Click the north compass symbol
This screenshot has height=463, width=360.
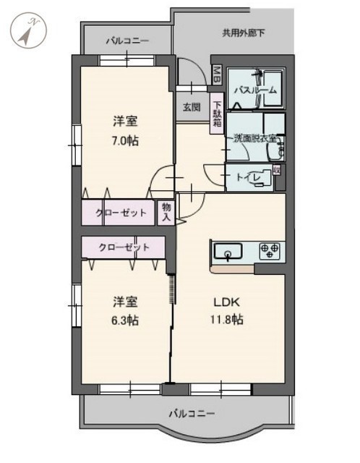(29, 30)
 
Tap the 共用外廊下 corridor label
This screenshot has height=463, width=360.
(244, 33)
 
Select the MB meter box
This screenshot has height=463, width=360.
(217, 75)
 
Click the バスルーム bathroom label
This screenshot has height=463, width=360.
(255, 90)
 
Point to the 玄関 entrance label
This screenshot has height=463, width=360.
(192, 107)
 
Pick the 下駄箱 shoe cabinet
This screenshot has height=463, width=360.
(217, 114)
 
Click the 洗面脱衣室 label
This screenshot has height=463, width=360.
(255, 138)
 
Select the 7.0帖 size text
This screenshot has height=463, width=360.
(125, 141)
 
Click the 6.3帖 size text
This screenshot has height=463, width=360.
(125, 320)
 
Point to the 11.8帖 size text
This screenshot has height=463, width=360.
(226, 320)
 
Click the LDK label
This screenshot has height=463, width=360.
(226, 302)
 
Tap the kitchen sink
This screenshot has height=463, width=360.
(228, 251)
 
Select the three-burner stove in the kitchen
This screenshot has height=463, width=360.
(270, 251)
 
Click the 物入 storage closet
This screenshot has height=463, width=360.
(166, 213)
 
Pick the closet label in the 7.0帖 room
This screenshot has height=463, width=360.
(121, 213)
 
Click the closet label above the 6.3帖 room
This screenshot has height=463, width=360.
(124, 247)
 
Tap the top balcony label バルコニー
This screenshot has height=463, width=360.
(127, 41)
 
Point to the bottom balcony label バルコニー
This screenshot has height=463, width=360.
(192, 413)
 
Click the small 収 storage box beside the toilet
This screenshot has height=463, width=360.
(277, 170)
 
